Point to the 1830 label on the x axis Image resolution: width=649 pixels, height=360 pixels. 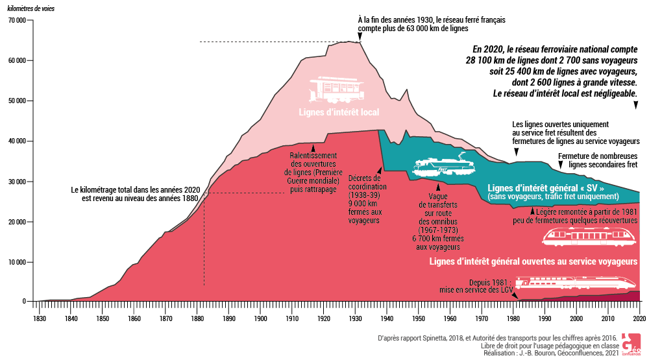40,318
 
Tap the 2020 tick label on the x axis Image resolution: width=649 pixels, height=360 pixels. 639,318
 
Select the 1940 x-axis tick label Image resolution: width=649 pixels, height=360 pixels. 387,318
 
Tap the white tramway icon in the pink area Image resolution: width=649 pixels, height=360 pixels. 337,91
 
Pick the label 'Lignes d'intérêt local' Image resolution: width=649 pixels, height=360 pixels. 339,112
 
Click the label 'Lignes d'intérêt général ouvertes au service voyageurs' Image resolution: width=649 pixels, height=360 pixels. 533,261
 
